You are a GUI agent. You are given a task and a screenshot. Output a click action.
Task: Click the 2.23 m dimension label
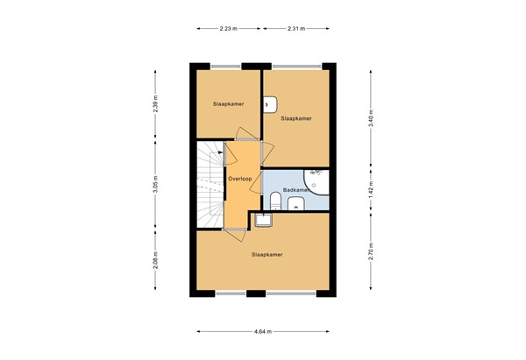tap(228, 29)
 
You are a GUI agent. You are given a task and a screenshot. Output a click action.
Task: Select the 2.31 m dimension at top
tap(295, 29)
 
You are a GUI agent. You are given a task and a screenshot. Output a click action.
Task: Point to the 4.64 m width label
tap(262, 331)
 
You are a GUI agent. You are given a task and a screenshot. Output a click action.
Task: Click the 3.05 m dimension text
tap(155, 186)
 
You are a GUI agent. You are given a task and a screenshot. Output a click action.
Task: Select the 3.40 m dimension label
tap(371, 123)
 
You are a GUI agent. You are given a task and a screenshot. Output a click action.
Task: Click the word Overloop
tap(240, 179)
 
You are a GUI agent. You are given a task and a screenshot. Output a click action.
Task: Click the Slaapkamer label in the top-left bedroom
tap(228, 103)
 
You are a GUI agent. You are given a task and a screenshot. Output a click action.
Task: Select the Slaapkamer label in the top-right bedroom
tap(295, 117)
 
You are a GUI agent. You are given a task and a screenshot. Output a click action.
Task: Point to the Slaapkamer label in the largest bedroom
tap(267, 254)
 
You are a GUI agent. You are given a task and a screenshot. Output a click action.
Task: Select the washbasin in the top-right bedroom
tap(268, 104)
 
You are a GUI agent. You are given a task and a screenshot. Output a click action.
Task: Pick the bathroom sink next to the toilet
tap(295, 205)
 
